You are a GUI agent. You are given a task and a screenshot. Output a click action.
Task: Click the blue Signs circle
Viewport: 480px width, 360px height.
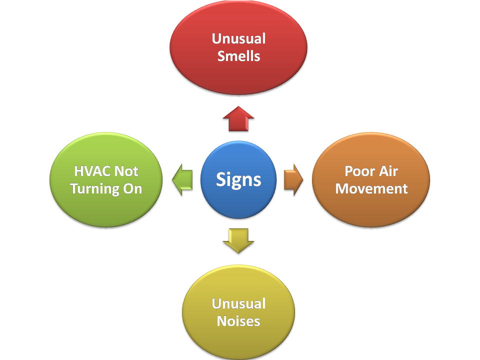pos(238,179)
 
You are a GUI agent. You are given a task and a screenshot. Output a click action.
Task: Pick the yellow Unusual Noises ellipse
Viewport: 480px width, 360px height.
pos(238,335)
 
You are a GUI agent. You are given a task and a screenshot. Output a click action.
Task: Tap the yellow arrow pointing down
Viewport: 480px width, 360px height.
pos(238,239)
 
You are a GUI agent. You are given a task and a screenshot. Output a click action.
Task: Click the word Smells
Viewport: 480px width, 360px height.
pos(238,55)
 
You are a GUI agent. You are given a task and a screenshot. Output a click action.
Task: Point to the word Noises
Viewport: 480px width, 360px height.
pos(238,320)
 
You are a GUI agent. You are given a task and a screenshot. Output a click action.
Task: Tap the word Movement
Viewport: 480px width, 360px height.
pos(371,188)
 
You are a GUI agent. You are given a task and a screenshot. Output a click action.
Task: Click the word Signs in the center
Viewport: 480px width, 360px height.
pos(238,179)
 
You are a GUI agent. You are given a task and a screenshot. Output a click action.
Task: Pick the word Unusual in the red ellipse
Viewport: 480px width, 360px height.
pos(238,38)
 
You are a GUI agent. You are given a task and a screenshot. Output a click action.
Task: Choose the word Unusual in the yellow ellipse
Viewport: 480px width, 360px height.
pos(238,303)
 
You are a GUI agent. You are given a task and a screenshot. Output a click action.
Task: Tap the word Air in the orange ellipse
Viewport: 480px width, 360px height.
pos(388,171)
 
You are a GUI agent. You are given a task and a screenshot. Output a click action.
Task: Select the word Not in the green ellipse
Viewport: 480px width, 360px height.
pos(126,171)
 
